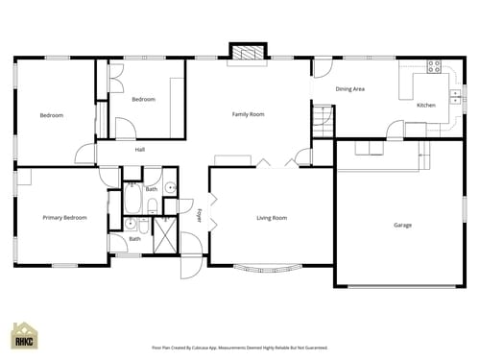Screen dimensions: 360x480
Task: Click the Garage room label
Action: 402,226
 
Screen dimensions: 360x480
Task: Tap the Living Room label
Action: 272,218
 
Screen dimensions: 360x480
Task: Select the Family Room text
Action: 248,114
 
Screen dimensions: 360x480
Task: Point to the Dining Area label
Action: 349,89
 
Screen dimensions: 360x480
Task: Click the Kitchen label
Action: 425,105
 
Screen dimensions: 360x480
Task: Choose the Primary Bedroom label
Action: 64,218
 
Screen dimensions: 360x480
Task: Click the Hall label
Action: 139,150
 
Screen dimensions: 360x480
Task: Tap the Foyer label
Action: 200,215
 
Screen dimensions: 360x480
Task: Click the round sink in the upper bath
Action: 170,188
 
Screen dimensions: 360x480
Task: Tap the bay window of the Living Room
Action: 271,266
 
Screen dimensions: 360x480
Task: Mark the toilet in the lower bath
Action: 143,227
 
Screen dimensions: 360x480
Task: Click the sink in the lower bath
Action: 130,224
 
